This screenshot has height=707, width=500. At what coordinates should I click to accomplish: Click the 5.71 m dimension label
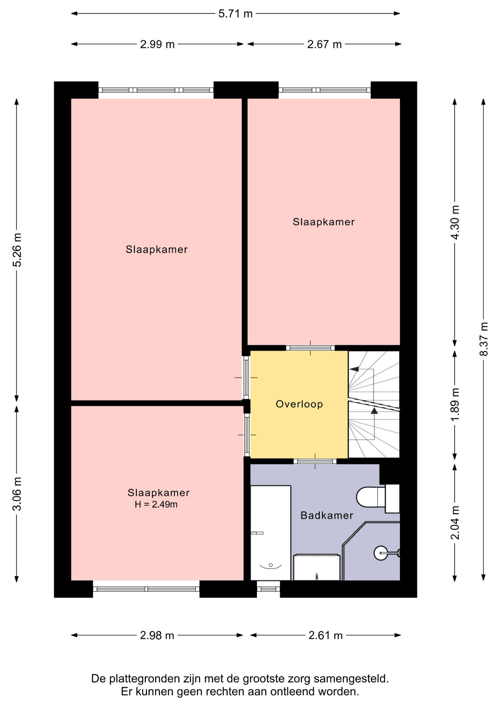click(235, 14)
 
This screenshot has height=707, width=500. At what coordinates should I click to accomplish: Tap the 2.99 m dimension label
click(157, 44)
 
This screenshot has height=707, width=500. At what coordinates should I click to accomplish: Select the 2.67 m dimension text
click(324, 44)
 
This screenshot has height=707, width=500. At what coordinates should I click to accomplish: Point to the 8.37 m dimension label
click(484, 339)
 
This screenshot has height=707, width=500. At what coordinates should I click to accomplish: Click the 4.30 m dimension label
click(455, 223)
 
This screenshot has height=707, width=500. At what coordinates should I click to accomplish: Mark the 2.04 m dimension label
click(455, 523)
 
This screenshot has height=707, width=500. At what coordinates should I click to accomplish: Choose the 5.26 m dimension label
click(17, 250)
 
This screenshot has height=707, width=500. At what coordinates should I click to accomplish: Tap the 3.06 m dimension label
click(17, 494)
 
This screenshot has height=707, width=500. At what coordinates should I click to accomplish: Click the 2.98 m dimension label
click(157, 635)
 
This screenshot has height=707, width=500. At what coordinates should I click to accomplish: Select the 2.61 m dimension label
click(325, 635)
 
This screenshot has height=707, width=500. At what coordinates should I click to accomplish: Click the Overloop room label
click(299, 404)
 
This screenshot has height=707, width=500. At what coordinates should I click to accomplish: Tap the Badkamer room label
click(327, 515)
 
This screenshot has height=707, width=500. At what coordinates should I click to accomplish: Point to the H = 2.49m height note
click(156, 504)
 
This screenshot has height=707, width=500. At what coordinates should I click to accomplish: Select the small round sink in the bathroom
click(381, 553)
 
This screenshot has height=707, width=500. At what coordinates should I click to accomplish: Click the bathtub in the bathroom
click(271, 533)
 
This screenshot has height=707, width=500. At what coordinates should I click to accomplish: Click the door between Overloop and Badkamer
click(315, 461)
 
